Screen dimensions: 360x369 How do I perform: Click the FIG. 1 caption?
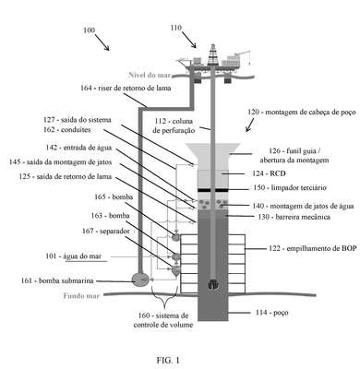[168, 360]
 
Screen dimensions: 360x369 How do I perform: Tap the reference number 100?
[90, 30]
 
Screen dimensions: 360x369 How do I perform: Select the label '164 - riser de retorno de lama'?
[126, 88]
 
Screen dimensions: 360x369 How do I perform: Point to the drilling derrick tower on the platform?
[212, 54]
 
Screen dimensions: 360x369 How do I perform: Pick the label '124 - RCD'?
[269, 173]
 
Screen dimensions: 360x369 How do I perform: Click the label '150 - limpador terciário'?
[290, 187]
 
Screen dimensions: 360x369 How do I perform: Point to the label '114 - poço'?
[272, 313]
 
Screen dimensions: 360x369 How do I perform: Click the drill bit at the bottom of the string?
[212, 284]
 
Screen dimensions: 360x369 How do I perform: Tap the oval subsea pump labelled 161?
[140, 279]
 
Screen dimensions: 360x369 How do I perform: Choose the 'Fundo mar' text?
[81, 296]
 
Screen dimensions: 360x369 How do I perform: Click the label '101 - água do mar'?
[74, 256]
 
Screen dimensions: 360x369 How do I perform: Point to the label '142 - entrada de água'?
[78, 148]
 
